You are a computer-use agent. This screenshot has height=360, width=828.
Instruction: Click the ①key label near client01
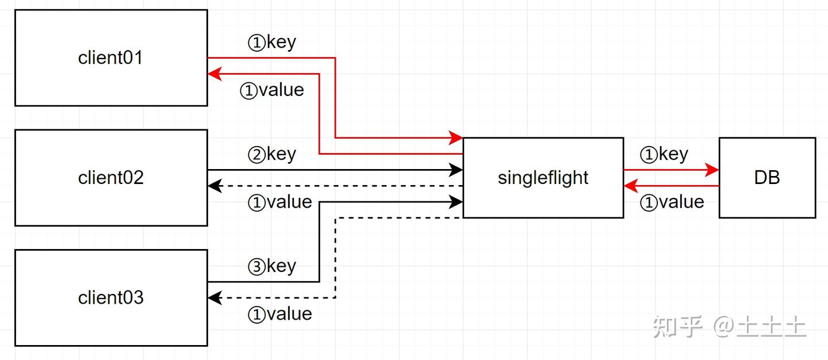[x=272, y=43]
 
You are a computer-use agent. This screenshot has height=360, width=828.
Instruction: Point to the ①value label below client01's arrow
[x=272, y=90]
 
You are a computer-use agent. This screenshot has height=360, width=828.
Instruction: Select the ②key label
[x=272, y=154]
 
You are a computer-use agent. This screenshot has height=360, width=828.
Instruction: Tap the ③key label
[x=272, y=266]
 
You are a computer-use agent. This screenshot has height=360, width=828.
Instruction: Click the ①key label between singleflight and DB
[x=664, y=154]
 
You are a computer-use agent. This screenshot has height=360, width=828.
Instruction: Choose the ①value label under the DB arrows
[x=672, y=202]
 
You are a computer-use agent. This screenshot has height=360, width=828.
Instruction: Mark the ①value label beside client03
[x=280, y=314]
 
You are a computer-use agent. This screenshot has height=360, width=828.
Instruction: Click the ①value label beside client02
[x=280, y=202]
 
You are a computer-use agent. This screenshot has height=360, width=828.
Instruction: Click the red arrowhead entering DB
[x=713, y=170]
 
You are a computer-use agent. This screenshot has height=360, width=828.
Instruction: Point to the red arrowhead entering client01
[x=214, y=74]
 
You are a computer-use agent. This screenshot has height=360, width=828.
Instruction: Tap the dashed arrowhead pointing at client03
[x=214, y=298]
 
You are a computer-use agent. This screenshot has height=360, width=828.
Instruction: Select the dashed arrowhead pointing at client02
[x=214, y=186]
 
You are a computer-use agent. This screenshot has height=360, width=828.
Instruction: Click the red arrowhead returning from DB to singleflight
[x=630, y=186]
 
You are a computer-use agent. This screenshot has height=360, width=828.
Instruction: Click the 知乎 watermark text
[x=677, y=327]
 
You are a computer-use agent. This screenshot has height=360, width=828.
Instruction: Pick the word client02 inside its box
[x=110, y=178]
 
